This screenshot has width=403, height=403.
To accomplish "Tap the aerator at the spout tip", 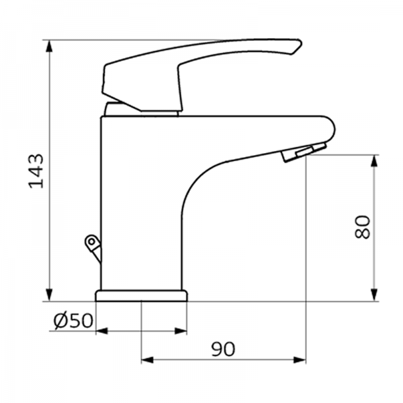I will coord(304,152).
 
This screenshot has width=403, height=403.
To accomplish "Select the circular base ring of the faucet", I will coord(141,296).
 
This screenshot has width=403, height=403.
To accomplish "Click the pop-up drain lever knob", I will coord(90,241).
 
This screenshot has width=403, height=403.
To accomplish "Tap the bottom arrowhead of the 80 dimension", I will coord(373,296).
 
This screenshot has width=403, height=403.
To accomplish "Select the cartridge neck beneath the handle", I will coord(141,109).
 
